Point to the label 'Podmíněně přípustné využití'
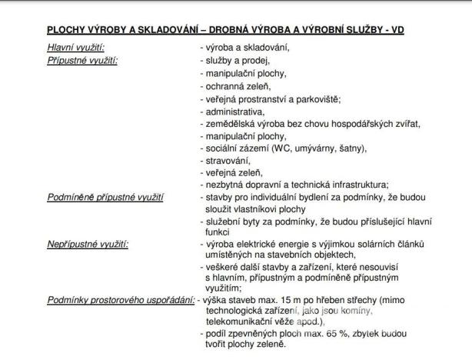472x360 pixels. tap(105, 198)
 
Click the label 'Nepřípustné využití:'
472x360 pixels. tap(87, 244)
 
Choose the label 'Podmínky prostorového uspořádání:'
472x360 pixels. tap(121, 301)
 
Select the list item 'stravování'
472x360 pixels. tap(228, 160)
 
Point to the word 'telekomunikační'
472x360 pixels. tap(239, 322)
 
